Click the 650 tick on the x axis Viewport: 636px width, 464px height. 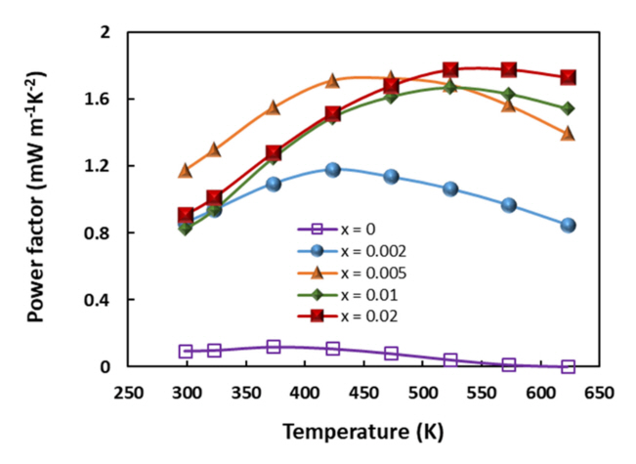(x=599, y=391)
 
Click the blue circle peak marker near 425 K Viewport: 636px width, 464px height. (x=333, y=169)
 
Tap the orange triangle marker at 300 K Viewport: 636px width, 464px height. (x=186, y=171)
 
